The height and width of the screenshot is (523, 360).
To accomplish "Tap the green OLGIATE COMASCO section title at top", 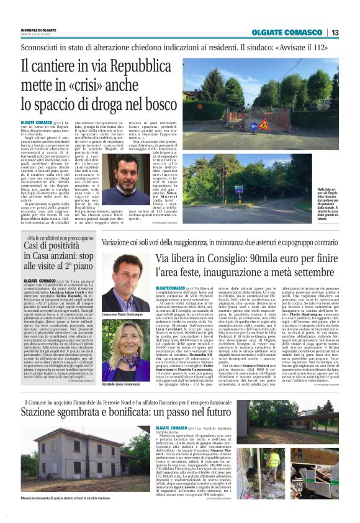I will click(x=295, y=33).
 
